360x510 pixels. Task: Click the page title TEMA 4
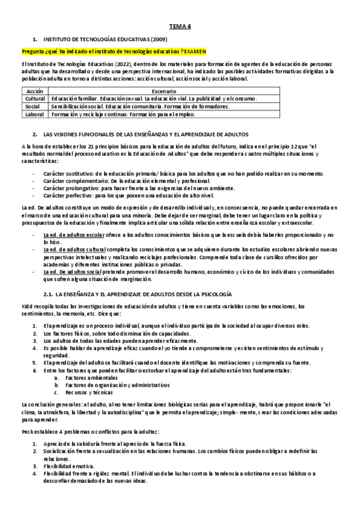[x=180, y=26]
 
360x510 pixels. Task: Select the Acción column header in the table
[x=35, y=90]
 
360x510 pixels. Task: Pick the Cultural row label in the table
[x=35, y=98]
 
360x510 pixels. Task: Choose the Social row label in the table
[x=32, y=105]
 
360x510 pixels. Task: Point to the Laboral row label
[x=35, y=112]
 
